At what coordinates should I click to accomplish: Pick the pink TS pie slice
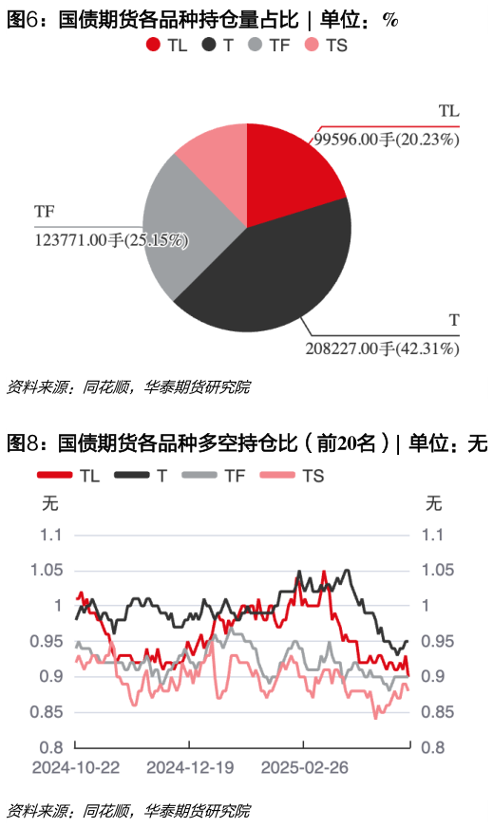[x=214, y=157]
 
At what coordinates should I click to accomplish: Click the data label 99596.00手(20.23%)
[x=386, y=139]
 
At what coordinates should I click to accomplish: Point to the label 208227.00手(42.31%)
[x=383, y=348]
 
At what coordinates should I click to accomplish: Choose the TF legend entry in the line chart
[x=224, y=475]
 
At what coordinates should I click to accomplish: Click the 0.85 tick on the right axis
[x=439, y=712]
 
